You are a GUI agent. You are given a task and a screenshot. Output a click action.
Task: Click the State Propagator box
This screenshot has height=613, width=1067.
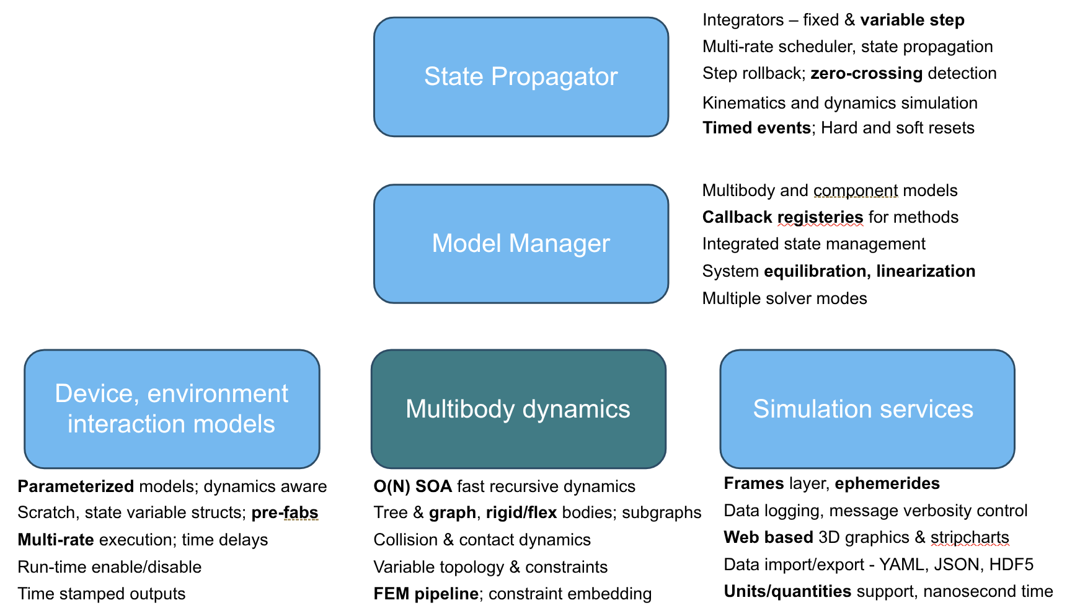tap(521, 77)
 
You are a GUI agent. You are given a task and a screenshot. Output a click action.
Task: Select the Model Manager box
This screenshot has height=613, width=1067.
tap(521, 243)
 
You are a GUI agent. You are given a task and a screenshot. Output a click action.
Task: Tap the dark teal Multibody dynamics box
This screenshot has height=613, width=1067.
tap(518, 409)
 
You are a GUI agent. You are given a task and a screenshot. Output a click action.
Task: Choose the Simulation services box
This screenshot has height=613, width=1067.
tap(867, 409)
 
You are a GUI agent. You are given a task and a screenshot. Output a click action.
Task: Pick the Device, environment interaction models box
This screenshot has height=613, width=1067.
tap(172, 409)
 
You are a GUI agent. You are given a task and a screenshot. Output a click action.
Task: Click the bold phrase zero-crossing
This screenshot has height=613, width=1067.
tap(866, 73)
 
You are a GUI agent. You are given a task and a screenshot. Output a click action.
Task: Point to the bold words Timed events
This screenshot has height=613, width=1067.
tap(756, 128)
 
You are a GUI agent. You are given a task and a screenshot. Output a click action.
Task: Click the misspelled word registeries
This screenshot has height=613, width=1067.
tap(820, 217)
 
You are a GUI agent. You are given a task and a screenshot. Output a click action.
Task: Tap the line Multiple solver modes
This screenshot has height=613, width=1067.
tap(784, 298)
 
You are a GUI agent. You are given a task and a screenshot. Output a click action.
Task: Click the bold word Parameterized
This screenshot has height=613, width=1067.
tap(76, 486)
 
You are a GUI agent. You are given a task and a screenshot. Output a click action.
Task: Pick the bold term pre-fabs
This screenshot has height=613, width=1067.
tap(285, 512)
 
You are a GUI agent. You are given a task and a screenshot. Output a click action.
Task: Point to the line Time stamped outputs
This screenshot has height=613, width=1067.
tap(102, 594)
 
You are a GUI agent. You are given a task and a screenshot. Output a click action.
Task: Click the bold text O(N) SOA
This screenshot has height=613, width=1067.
tap(412, 486)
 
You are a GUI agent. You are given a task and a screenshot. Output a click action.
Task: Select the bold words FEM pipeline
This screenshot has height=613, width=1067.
tap(425, 594)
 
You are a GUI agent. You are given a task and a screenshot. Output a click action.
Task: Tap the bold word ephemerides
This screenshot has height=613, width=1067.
tap(887, 483)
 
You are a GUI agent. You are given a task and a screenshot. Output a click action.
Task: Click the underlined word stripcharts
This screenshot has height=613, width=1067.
tap(969, 537)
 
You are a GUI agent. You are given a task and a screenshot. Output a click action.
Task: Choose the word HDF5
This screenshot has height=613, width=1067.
tap(1011, 565)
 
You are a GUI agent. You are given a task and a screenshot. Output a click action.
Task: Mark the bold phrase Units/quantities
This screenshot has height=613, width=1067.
tap(787, 591)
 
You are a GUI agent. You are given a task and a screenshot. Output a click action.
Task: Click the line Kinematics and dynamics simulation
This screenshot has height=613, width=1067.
tap(839, 103)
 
